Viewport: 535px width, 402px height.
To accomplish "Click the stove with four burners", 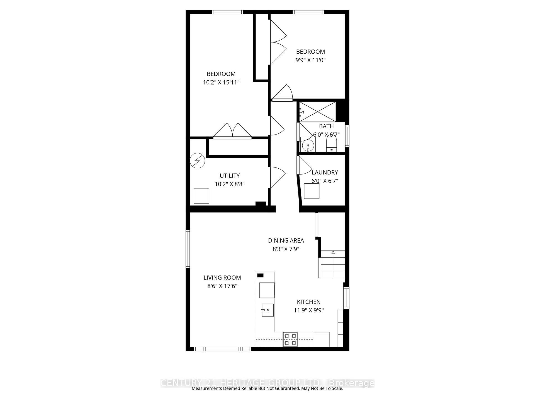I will [x=290, y=339].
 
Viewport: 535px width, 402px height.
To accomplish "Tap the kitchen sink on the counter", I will [x=267, y=310].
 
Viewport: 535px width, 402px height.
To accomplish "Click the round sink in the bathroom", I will [x=308, y=145].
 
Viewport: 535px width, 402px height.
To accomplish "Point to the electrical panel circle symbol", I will [x=197, y=161].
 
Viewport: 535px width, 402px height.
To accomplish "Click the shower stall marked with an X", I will [x=318, y=111].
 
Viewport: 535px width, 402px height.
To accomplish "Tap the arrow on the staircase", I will [x=333, y=252].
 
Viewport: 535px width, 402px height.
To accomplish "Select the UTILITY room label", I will [x=230, y=176].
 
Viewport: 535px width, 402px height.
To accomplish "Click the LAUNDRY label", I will [x=325, y=173].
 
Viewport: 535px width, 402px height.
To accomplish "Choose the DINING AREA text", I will [x=286, y=240].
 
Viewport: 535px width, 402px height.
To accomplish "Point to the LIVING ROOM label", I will [x=222, y=277].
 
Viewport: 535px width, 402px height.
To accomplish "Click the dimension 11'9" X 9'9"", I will [x=309, y=310].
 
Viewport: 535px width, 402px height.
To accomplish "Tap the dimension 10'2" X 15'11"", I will [x=221, y=82].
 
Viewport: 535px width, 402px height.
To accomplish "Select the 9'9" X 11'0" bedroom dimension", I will [x=310, y=60].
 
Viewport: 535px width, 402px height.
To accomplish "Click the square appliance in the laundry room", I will [x=312, y=191].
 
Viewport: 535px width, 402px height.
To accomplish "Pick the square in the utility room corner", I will [x=201, y=196].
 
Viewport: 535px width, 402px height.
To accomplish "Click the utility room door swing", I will [x=276, y=177].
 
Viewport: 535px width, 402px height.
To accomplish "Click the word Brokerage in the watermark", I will [x=352, y=383].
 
